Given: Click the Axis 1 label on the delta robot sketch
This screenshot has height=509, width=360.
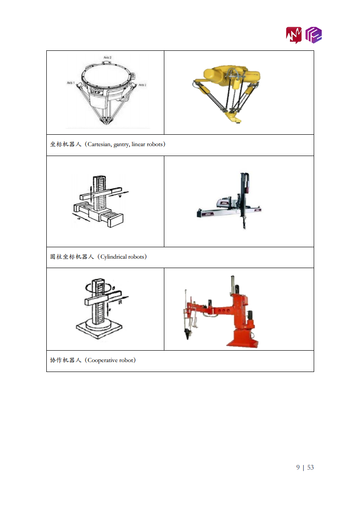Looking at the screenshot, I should [x=70, y=83].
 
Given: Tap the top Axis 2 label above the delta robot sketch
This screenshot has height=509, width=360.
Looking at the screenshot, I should [x=107, y=58].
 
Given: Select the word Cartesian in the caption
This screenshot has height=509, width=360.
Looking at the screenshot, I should [x=101, y=145].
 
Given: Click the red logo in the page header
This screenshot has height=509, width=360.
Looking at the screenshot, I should [x=294, y=34].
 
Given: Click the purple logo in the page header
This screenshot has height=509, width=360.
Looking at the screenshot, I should [x=314, y=34].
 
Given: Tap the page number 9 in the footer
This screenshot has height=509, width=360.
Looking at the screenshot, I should [x=298, y=467].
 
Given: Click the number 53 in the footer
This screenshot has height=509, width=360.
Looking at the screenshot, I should [x=311, y=467].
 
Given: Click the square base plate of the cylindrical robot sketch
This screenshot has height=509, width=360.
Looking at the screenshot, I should [x=99, y=329].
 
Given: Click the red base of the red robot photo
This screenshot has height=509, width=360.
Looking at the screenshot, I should [x=241, y=338].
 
